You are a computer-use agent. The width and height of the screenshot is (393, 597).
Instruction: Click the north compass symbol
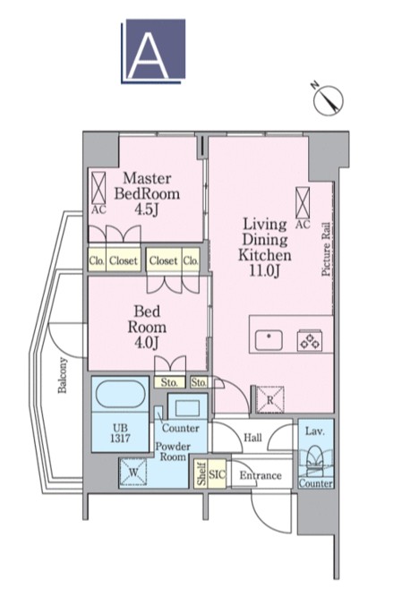click(x=328, y=99)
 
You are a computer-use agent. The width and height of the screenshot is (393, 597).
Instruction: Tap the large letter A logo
click(x=153, y=51)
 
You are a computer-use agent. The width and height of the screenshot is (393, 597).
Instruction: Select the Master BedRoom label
click(x=147, y=186)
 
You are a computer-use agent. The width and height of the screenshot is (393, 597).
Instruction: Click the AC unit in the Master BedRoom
click(x=98, y=188)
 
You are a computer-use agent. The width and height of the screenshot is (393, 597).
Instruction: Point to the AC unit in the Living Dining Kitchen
click(x=303, y=203)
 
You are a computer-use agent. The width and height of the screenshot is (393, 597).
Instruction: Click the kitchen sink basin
click(x=269, y=340)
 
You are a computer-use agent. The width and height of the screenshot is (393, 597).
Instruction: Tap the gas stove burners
click(x=310, y=340)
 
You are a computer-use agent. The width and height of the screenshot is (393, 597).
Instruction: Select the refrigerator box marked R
click(x=270, y=400)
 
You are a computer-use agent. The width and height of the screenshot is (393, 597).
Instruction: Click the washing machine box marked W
click(x=133, y=472)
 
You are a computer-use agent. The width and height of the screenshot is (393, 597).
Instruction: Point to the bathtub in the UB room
click(x=120, y=395)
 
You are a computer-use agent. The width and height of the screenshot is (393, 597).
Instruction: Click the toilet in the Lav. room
click(x=315, y=462)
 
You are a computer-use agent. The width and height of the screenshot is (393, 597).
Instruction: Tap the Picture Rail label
click(x=326, y=250)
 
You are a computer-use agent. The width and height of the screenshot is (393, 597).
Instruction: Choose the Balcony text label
click(x=63, y=375)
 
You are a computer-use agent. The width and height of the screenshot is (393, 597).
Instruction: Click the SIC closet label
click(x=217, y=474)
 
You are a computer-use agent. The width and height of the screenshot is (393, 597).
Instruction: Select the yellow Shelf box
click(x=201, y=474)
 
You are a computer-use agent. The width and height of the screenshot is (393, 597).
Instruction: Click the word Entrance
click(x=261, y=475)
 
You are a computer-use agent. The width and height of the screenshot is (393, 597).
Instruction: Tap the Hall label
click(x=252, y=438)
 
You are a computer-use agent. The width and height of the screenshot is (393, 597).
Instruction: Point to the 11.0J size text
click(x=265, y=270)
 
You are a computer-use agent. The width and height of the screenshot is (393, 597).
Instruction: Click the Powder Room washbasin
click(x=187, y=408)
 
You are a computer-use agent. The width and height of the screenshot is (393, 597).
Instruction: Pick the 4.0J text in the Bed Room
click(x=147, y=343)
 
